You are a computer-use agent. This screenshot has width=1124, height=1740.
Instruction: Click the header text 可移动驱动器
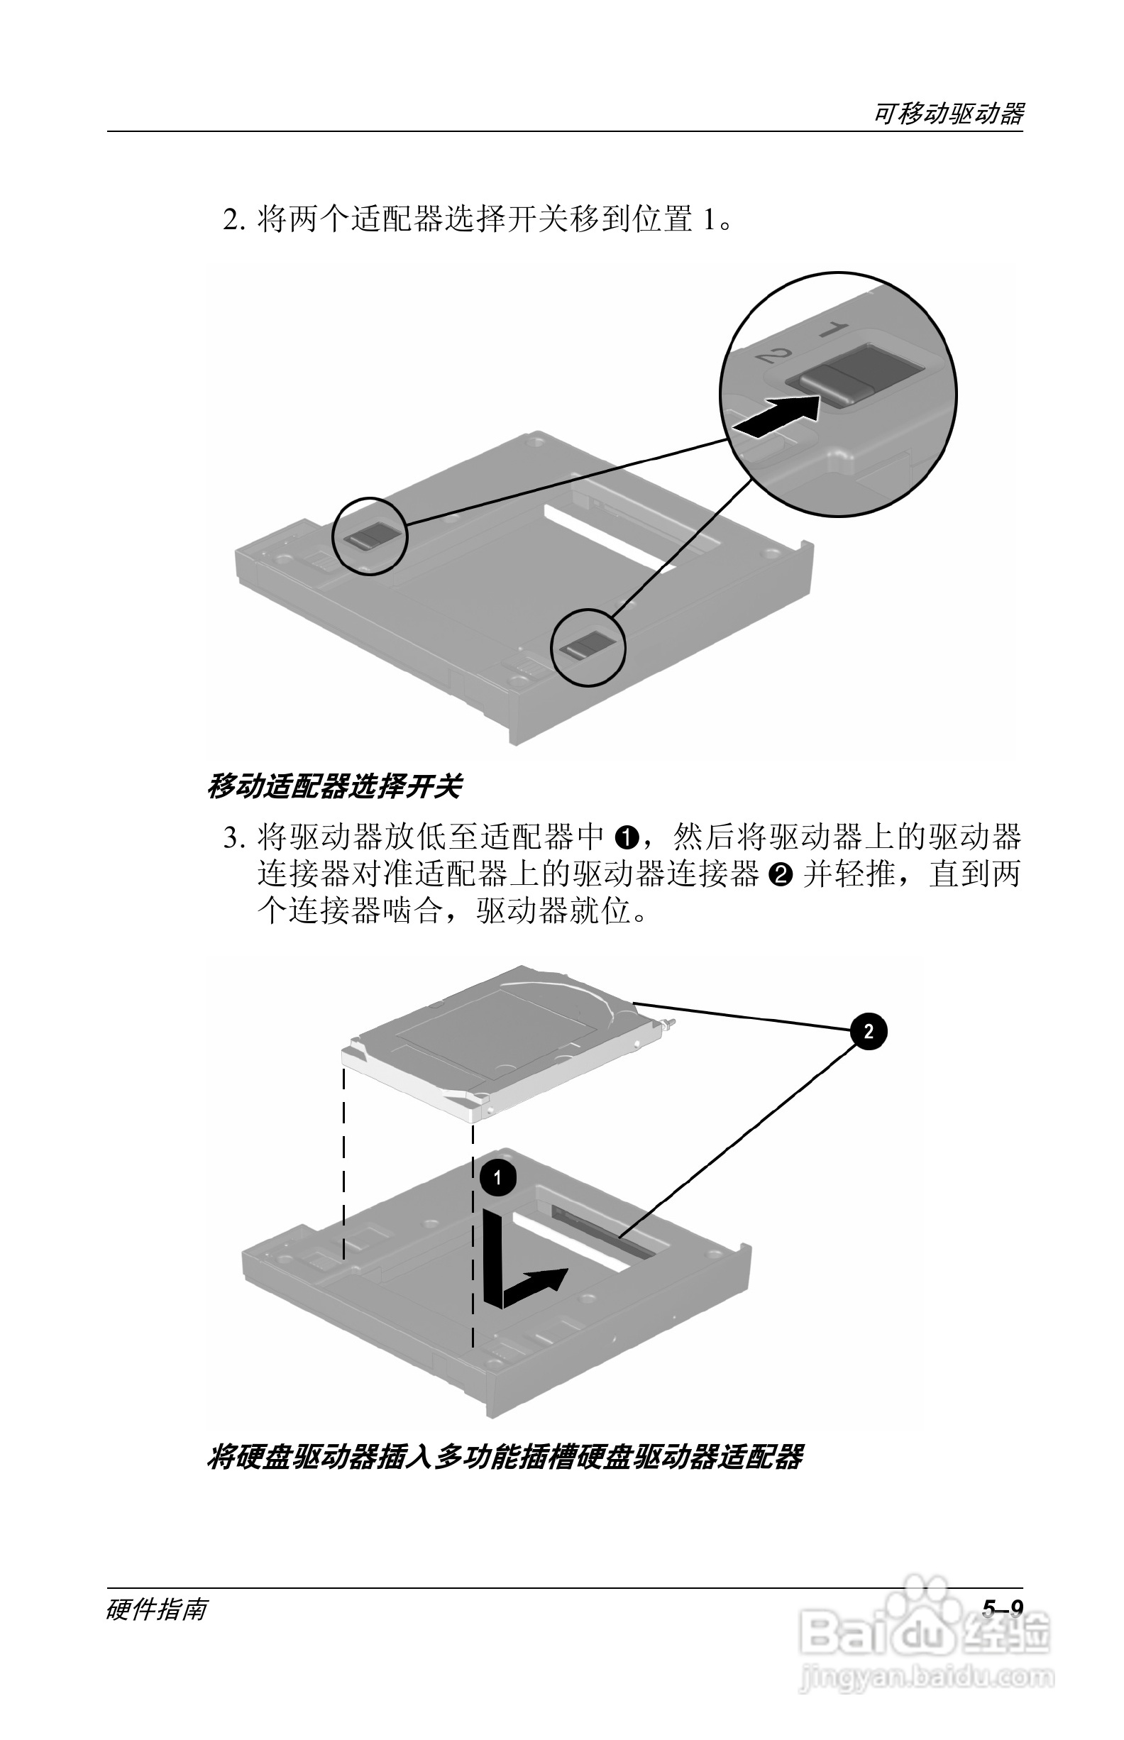[948, 114]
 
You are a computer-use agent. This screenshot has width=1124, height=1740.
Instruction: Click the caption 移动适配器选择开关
[334, 787]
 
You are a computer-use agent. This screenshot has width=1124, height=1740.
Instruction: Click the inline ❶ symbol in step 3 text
[627, 838]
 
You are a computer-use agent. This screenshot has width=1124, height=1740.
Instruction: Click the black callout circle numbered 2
[868, 1031]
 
